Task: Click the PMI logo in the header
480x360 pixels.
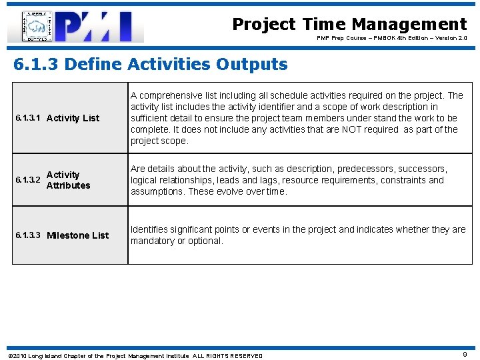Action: click(x=76, y=27)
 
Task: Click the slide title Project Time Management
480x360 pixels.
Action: click(x=349, y=25)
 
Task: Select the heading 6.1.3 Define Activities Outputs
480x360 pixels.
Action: click(x=151, y=65)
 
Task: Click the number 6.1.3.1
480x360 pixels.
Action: click(x=28, y=118)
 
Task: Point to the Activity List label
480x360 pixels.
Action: click(x=73, y=118)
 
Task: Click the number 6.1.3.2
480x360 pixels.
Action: click(x=28, y=180)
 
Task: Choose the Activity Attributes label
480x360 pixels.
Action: click(x=68, y=180)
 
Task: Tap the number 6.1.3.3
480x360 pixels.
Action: click(x=28, y=235)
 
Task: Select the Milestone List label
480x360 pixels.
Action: click(x=77, y=235)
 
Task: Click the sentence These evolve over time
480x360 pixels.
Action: click(x=237, y=191)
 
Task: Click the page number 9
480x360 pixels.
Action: click(x=465, y=355)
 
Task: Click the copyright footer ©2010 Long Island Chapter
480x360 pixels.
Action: click(x=67, y=355)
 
